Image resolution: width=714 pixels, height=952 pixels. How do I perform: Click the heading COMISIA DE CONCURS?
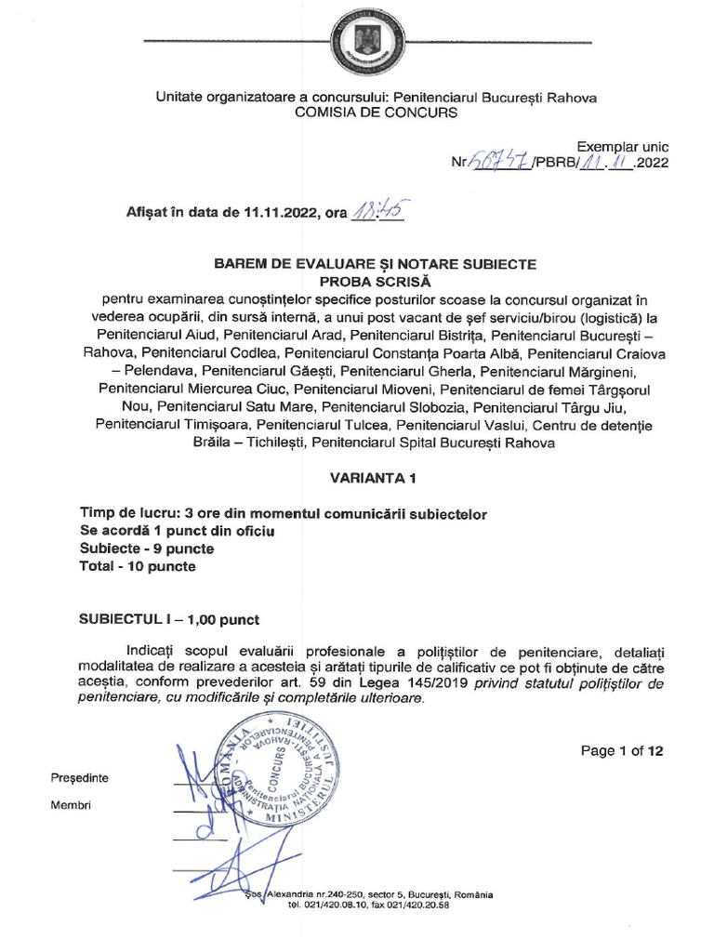376,112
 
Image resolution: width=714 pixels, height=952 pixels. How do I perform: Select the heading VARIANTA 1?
375,478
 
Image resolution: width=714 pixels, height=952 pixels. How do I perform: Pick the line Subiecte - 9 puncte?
147,549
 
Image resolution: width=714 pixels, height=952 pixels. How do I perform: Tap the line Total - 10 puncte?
139,566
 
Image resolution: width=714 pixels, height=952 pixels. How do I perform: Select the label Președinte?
79,777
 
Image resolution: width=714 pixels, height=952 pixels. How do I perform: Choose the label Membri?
70,805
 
